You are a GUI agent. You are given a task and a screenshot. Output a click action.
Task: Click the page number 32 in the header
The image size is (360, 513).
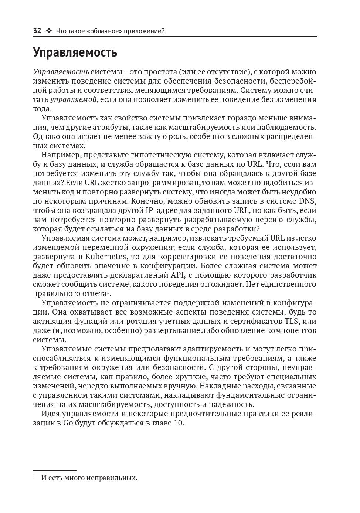tap(37, 31)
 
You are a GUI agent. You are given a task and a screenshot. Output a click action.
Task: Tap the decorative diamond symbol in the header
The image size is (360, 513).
tap(49, 31)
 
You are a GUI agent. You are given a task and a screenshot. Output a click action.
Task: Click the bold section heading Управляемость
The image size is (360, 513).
tap(75, 52)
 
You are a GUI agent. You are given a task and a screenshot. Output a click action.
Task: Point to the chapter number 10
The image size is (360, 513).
tap(178, 423)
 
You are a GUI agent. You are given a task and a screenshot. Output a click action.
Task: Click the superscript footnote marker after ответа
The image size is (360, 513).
tap(108, 292)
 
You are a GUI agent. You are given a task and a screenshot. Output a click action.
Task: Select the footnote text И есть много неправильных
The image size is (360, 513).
tap(89, 478)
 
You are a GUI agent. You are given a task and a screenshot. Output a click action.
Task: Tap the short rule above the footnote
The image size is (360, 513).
tap(54, 470)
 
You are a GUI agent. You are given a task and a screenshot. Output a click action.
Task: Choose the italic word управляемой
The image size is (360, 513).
tap(74, 99)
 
